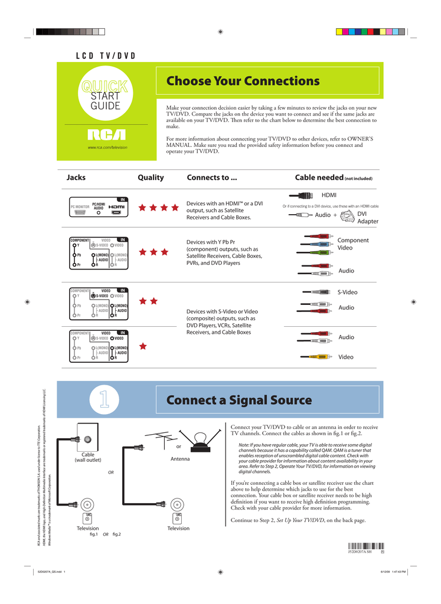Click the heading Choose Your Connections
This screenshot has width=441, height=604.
click(243, 81)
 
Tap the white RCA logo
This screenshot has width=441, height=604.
click(107, 135)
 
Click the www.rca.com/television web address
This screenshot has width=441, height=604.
click(107, 147)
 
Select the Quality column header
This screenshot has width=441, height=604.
click(151, 178)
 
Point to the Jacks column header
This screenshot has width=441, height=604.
click(76, 178)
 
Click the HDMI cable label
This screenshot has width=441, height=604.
click(329, 195)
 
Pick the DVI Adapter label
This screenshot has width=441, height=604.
click(368, 218)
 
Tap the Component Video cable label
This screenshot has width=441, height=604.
click(353, 244)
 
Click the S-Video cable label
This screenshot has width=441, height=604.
click(347, 292)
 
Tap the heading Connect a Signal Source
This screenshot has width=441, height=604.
click(239, 400)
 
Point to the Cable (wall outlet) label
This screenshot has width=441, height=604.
click(88, 458)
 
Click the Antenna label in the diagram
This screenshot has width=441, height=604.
click(180, 459)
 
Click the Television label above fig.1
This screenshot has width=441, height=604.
click(88, 528)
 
